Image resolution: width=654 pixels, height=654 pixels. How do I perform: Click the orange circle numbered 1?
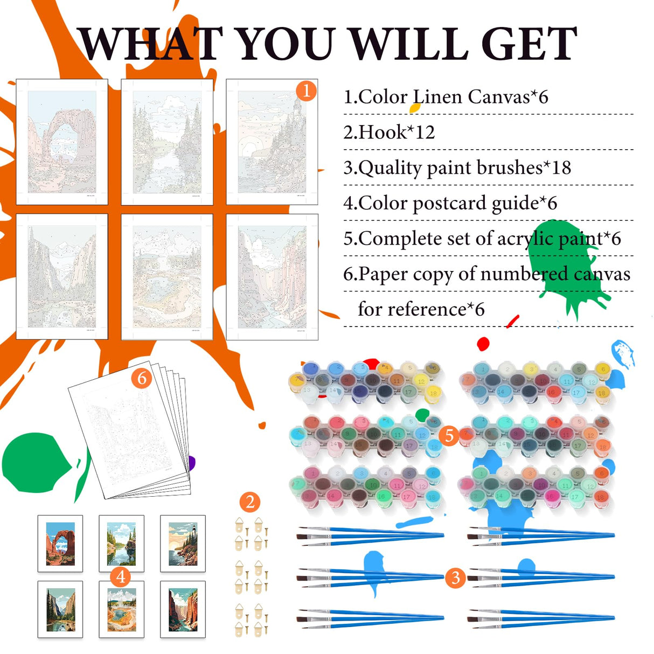[306, 91]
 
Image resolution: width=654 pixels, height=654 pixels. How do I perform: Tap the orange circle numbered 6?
[142, 378]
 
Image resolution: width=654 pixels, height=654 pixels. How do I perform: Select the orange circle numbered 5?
[449, 435]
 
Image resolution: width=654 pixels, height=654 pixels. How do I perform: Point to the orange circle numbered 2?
[250, 502]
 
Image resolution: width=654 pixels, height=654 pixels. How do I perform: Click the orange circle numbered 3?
[455, 577]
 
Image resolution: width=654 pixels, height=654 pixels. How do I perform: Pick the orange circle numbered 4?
[121, 576]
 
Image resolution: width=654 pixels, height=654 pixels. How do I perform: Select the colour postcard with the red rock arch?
[60, 544]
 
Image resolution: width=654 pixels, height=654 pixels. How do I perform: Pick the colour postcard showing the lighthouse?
[183, 544]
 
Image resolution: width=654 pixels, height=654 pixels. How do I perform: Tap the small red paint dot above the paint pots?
[483, 344]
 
